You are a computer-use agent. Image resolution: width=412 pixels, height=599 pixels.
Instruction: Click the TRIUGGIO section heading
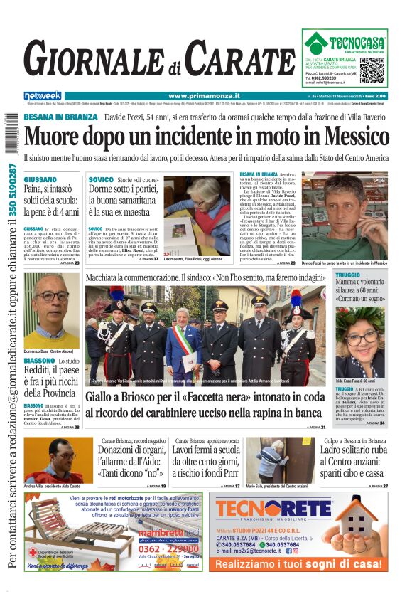point(348,275)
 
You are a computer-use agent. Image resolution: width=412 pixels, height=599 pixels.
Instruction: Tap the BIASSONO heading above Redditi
point(40,361)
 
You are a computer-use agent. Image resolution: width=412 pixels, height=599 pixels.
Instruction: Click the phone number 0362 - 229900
point(168,548)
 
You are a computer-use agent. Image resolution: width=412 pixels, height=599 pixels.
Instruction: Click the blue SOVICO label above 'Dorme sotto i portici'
point(100,179)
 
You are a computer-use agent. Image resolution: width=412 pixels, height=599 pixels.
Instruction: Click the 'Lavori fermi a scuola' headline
point(204,450)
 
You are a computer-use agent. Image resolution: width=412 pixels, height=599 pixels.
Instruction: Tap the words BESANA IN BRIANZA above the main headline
point(60,116)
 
